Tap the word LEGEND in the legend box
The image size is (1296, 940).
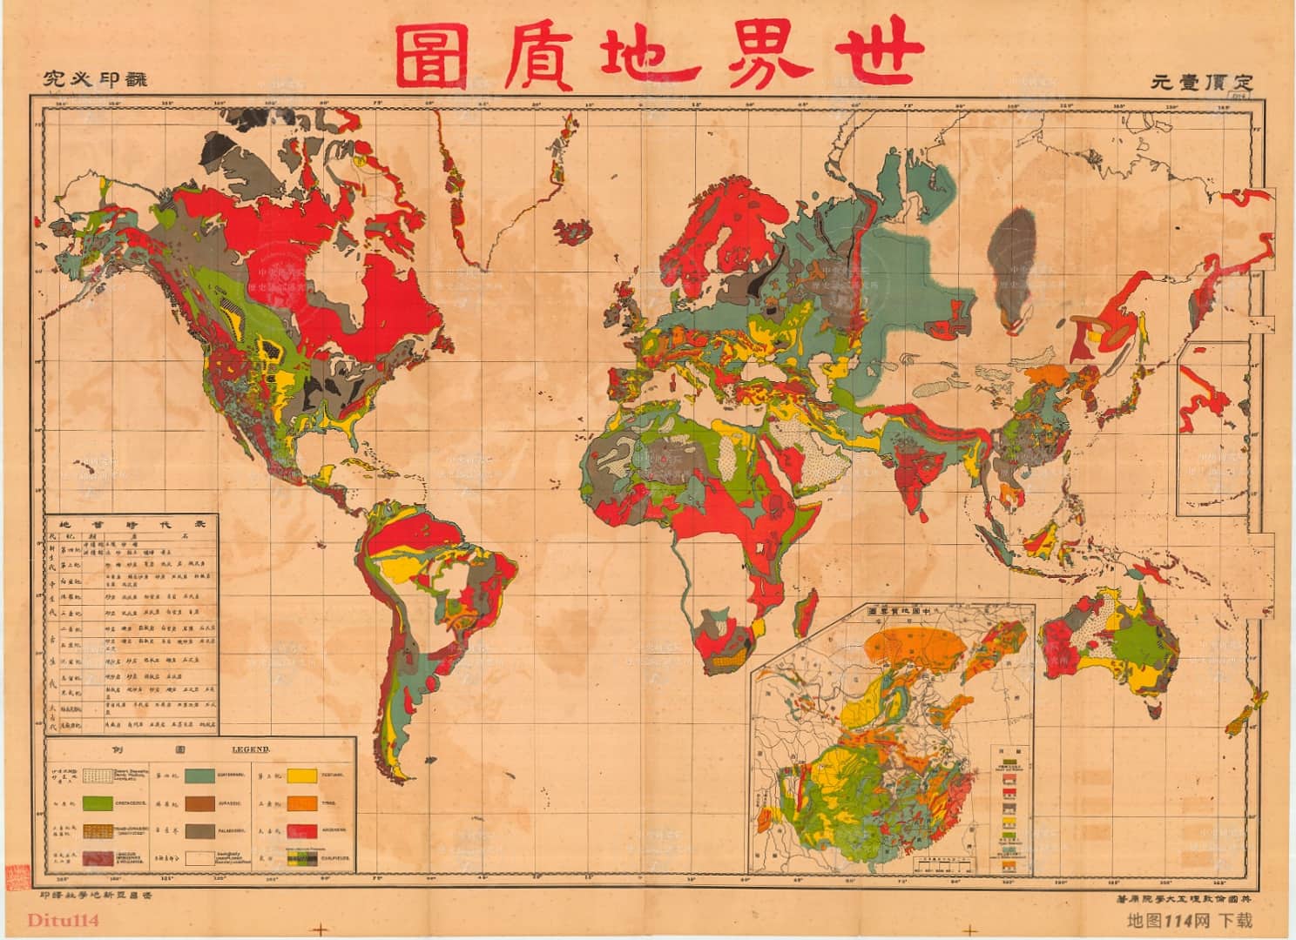251,749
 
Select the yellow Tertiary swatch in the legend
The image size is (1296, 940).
303,775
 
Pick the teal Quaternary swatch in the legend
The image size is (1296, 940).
199,775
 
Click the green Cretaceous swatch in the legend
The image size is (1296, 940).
98,803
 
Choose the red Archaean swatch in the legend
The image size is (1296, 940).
303,831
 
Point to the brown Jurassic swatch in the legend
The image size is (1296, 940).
199,803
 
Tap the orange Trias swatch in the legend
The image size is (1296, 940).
303,803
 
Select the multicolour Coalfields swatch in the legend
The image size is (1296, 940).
303,859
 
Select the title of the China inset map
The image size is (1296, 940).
906,611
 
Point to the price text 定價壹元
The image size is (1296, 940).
1202,83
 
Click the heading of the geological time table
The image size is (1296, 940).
131,525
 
